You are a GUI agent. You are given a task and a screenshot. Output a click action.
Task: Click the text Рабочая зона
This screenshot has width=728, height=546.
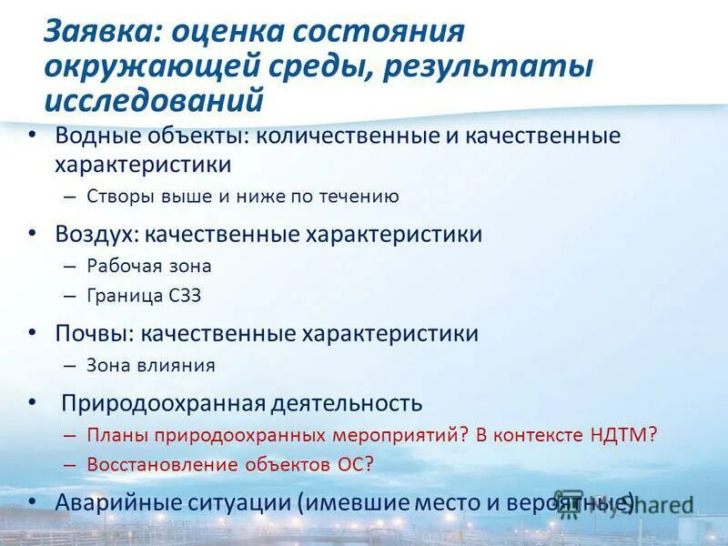click(x=149, y=266)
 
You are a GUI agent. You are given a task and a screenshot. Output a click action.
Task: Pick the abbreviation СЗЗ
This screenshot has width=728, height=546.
click(x=186, y=296)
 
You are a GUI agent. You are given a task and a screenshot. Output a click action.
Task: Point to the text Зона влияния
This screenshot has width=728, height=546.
click(x=151, y=366)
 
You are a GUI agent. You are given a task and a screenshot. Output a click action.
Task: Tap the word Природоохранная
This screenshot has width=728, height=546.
click(x=164, y=403)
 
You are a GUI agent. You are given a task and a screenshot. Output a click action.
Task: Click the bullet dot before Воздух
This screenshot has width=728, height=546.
click(x=33, y=233)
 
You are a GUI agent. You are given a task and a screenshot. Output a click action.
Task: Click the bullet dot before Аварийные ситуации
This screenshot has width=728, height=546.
click(x=33, y=500)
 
